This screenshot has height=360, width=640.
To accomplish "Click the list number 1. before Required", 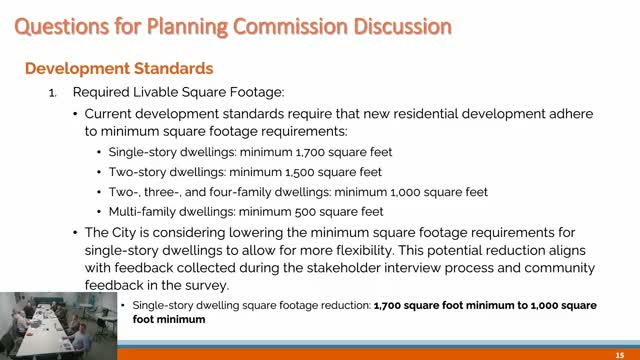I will [55, 92].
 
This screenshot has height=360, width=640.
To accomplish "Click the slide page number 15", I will [620, 352].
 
